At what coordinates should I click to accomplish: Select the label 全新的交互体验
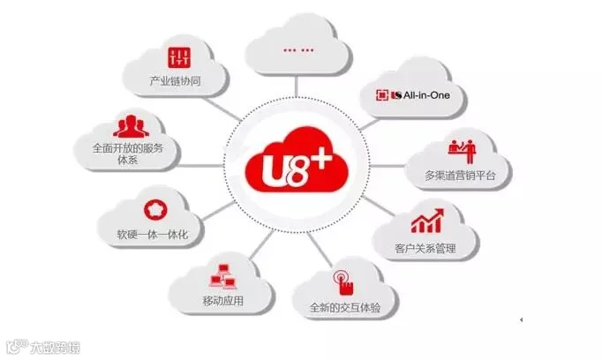(x=340, y=309)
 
